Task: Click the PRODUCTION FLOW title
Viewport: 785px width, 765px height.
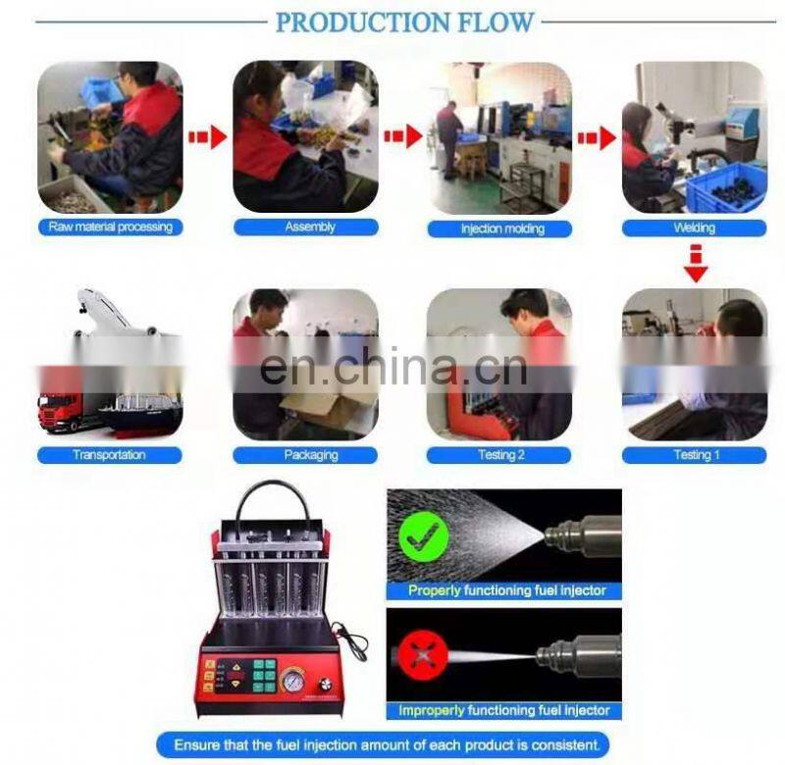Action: point(404,23)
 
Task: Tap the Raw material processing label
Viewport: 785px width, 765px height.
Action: point(111,228)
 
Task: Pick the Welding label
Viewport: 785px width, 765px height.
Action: point(695,229)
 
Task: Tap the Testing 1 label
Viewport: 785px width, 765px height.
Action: point(695,455)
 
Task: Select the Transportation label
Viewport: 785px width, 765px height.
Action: point(110,455)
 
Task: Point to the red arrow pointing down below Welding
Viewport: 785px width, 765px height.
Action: point(696,264)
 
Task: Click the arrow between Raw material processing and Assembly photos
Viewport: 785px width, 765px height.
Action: point(208,137)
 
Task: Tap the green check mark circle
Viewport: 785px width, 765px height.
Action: point(424,536)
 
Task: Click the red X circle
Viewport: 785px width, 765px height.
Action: point(423,656)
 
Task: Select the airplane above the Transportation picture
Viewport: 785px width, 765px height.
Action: point(123,313)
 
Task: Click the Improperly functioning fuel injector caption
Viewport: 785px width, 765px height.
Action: point(504,710)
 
